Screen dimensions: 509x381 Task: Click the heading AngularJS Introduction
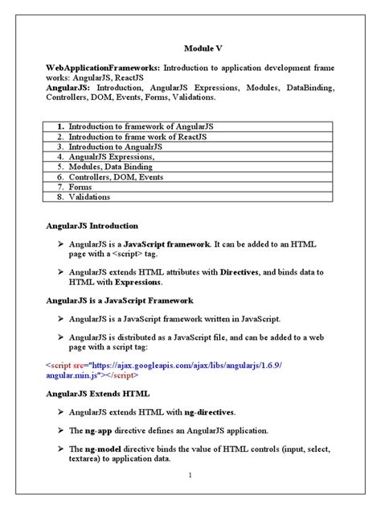[92, 226]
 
